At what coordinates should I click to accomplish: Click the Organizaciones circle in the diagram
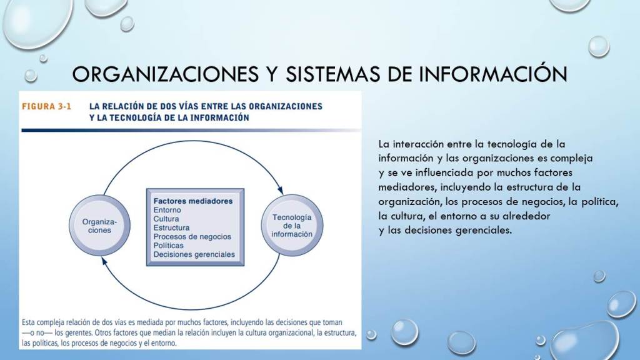99,226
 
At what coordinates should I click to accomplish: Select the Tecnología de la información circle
292,226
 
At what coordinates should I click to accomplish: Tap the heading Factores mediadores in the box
193,201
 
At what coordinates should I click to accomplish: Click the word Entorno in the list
167,210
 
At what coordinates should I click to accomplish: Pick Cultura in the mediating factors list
166,219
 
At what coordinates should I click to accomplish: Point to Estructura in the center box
171,227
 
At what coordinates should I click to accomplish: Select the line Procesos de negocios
192,237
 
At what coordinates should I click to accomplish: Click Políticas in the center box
169,245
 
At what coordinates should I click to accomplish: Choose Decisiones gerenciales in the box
194,254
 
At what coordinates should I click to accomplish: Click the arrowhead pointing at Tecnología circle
281,190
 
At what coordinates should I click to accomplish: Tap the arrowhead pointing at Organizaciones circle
104,261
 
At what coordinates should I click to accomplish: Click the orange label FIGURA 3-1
46,106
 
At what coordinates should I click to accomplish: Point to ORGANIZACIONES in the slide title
165,74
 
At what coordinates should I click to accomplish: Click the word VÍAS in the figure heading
187,106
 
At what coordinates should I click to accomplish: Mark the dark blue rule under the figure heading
191,130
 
